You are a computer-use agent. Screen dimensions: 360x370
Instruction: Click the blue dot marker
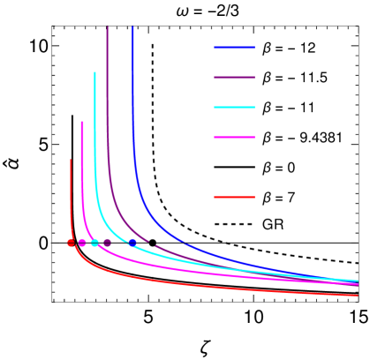tap(132, 243)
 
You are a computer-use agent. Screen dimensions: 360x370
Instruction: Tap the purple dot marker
tap(107, 243)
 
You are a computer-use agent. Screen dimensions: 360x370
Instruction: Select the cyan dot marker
tap(94, 243)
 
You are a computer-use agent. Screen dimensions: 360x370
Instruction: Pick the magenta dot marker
tap(82, 243)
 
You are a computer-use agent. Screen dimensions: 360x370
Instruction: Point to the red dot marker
tap(71, 243)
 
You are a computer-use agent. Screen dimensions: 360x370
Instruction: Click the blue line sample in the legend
tap(234, 48)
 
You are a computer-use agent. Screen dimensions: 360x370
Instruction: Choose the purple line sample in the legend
tap(234, 78)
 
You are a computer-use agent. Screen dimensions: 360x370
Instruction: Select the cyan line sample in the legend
tap(234, 108)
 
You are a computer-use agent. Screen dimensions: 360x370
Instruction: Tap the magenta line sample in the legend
tap(234, 138)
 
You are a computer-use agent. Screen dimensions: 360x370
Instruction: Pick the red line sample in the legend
tap(234, 197)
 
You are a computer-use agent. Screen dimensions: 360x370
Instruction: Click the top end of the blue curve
tap(132, 27)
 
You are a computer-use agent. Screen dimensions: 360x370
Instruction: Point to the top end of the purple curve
tap(108, 27)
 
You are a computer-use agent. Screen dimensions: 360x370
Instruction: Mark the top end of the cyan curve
tap(94, 72)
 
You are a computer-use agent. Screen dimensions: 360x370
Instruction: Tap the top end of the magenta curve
tap(82, 122)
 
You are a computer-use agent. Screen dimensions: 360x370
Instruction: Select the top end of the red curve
tap(71, 160)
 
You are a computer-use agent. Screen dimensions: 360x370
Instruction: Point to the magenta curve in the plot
tap(177, 267)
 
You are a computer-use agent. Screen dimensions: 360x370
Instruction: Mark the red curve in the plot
tap(177, 283)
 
